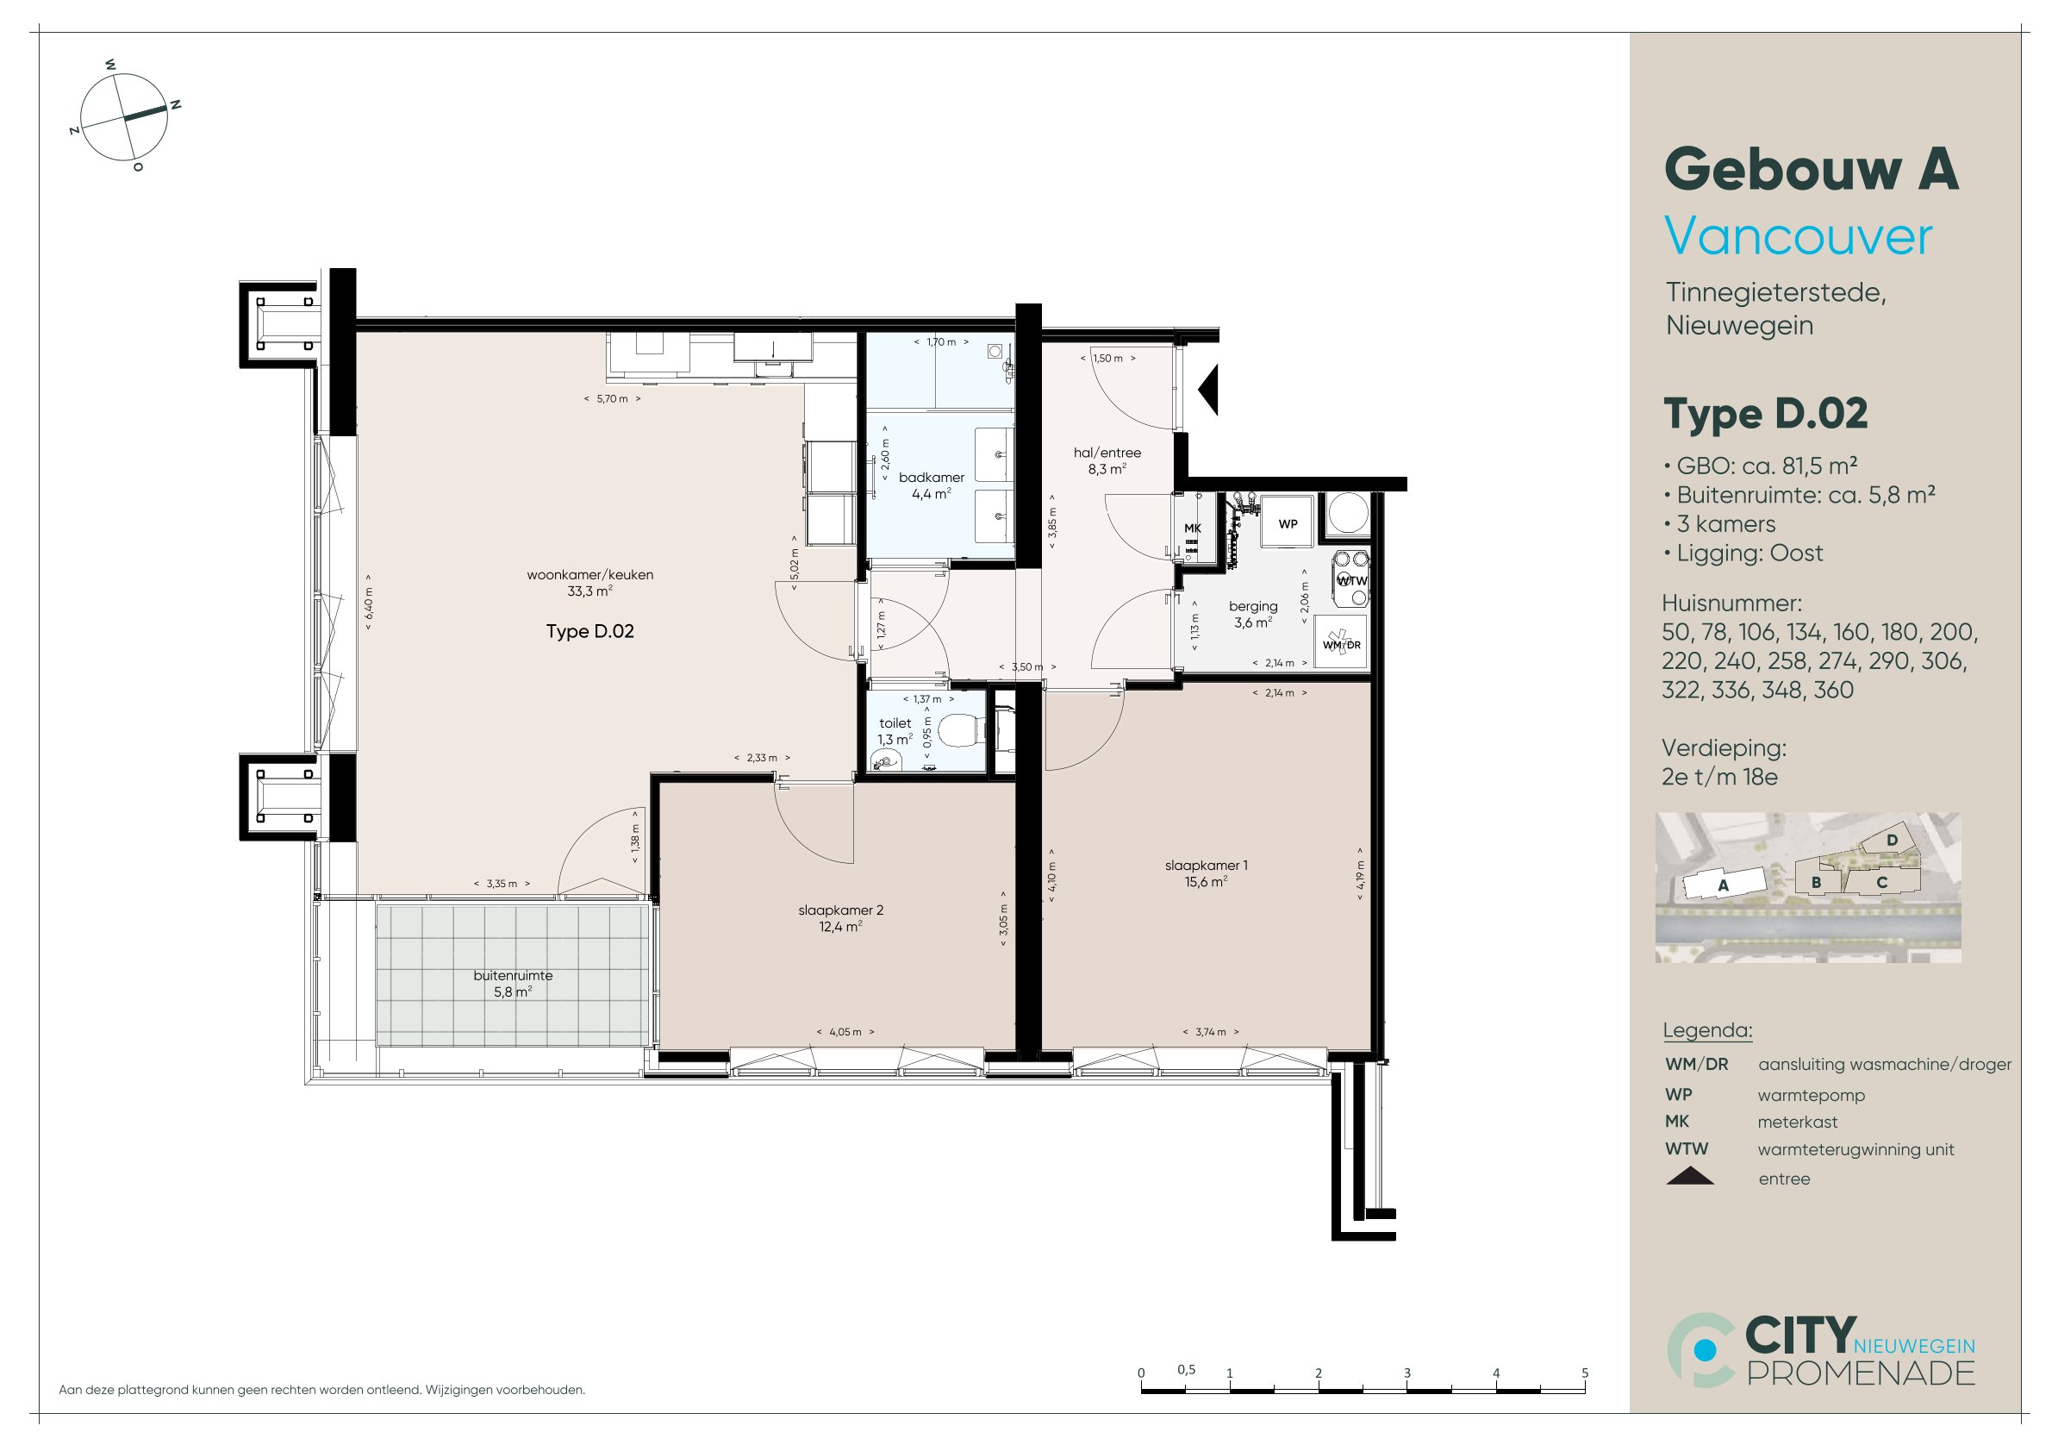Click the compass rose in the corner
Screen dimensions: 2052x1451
pyautogui.click(x=125, y=117)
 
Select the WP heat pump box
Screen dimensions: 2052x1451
pyautogui.click(x=1287, y=522)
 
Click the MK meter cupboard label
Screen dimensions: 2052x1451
pyautogui.click(x=1192, y=528)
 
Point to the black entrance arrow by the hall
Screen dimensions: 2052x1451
pyautogui.click(x=1208, y=388)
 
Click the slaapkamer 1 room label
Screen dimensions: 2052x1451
pyautogui.click(x=1206, y=865)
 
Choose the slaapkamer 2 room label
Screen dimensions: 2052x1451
pyautogui.click(x=840, y=910)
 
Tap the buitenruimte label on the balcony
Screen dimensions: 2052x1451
pyautogui.click(x=513, y=975)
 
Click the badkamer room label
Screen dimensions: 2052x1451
pyautogui.click(x=932, y=478)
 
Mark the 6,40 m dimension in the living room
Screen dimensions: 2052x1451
pyautogui.click(x=369, y=603)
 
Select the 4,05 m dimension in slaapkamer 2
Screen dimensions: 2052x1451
pyautogui.click(x=845, y=1032)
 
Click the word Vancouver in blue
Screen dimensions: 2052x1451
pyautogui.click(x=1798, y=237)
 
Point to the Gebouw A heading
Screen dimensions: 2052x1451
pyautogui.click(x=1812, y=170)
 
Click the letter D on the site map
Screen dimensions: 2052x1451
pyautogui.click(x=1891, y=841)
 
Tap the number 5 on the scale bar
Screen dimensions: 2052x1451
pyautogui.click(x=1585, y=1373)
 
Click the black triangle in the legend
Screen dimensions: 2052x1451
pyautogui.click(x=1690, y=1176)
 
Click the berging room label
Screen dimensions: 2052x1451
pyautogui.click(x=1253, y=606)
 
